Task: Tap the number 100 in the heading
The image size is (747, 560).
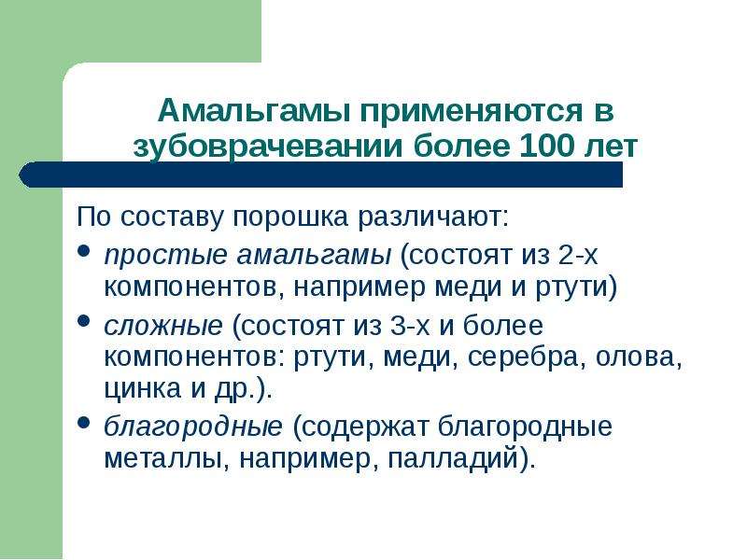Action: (x=547, y=147)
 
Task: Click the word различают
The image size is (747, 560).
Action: (x=433, y=217)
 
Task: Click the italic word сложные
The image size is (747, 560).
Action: (x=163, y=326)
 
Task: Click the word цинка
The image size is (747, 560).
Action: (x=143, y=389)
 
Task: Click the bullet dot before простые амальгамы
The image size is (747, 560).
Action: (x=83, y=251)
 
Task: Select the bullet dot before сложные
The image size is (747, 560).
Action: (x=83, y=321)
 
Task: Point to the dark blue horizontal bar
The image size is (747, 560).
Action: (x=320, y=175)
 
